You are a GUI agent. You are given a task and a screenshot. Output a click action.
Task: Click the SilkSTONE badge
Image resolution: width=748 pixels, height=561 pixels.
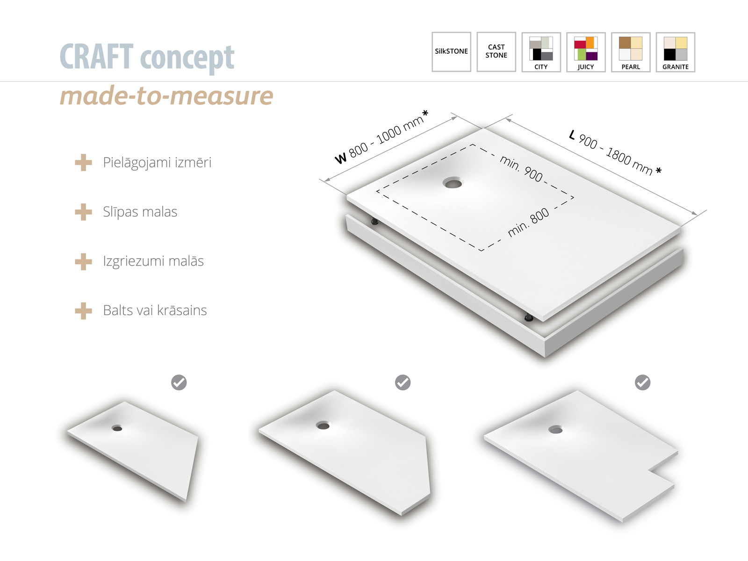451,52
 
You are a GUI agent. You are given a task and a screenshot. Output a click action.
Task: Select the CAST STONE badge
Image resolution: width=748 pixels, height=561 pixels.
496,52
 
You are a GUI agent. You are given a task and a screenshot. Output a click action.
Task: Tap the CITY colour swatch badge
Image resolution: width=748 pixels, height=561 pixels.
541,52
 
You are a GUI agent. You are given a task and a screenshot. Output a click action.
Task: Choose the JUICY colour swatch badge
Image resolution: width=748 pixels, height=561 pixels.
586,52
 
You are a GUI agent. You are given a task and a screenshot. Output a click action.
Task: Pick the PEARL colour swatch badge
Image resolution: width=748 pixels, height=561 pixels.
631,52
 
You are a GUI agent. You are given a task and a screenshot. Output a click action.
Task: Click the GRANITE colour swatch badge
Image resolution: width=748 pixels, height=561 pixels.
676,52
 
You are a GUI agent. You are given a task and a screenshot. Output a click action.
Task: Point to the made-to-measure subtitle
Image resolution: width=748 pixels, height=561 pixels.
166,96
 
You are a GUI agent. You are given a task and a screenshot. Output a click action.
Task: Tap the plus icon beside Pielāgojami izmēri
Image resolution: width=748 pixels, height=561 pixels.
84,163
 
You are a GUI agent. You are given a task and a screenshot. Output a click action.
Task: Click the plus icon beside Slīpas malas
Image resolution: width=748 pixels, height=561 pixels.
84,212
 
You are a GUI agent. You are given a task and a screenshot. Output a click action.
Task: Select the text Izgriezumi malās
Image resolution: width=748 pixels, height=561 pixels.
153,261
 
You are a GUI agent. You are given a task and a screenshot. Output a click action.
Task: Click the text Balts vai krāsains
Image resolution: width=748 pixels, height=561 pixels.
155,310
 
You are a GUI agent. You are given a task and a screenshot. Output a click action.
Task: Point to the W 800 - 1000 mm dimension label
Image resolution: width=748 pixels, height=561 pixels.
381,137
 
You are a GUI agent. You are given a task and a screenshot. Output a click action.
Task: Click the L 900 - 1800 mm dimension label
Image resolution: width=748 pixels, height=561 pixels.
615,152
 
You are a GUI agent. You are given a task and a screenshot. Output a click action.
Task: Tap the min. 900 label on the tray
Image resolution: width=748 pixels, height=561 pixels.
521,169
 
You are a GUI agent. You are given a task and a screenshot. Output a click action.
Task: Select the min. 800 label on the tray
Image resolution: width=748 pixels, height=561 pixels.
528,222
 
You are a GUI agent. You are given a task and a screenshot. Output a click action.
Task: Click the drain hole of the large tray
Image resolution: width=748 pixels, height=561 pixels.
453,183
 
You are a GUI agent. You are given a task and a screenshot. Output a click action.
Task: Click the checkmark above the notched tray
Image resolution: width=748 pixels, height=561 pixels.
643,382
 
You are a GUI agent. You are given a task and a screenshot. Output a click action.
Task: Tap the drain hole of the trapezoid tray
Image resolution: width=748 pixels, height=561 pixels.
117,428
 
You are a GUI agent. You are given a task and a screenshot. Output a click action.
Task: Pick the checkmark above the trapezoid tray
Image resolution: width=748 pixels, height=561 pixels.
179,382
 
